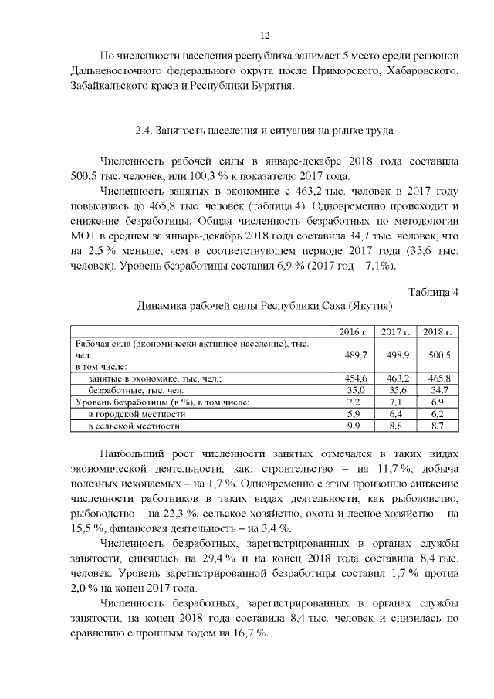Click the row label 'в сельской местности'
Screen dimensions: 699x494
coord(134,426)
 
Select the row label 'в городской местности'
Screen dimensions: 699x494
coord(136,414)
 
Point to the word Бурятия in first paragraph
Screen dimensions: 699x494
coord(270,87)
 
